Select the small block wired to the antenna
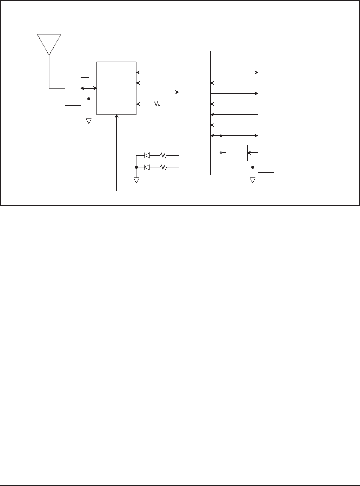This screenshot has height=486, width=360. tap(72, 88)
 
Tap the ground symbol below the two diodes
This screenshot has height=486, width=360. tap(136, 180)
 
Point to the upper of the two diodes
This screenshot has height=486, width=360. tap(146, 155)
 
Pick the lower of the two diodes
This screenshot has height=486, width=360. tap(146, 167)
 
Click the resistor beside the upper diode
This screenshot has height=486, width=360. tap(164, 155)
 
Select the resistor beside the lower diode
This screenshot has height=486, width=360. tap(164, 167)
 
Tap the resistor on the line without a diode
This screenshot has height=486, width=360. tap(157, 104)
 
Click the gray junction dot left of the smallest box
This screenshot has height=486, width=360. tap(221, 153)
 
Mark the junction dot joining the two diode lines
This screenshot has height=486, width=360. tap(136, 167)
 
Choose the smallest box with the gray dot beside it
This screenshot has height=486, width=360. tap(237, 153)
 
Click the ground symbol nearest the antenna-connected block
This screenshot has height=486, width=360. tap(89, 121)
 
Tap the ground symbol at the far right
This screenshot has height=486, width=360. tap(252, 180)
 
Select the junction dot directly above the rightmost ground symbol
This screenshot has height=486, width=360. tap(252, 167)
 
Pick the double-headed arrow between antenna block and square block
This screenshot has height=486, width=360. tap(89, 88)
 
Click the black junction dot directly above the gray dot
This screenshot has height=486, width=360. tap(221, 136)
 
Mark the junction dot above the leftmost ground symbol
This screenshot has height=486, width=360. tap(89, 99)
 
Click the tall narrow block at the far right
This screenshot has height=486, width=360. tap(266, 114)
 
